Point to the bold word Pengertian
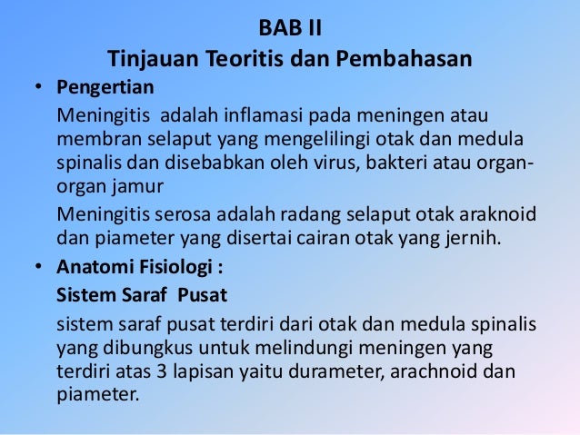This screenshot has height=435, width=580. tap(105, 89)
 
